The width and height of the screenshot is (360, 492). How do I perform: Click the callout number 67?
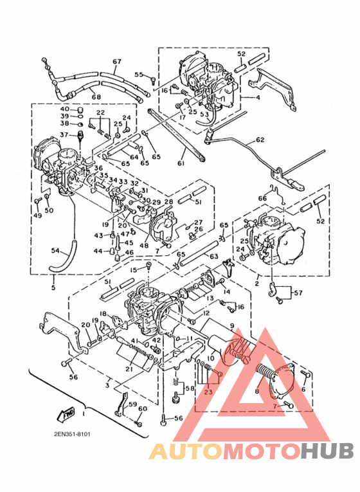click(116, 62)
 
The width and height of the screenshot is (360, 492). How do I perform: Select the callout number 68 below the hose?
click(96, 97)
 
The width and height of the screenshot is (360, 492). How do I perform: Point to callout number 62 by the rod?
click(260, 139)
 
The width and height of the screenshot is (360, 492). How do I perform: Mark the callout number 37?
click(64, 134)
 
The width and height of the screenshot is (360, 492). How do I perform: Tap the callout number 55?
click(138, 75)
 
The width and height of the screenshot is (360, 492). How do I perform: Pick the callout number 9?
click(231, 326)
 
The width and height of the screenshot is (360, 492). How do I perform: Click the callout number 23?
click(207, 392)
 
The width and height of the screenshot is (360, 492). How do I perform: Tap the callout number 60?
click(142, 409)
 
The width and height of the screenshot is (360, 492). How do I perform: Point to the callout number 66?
click(262, 198)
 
